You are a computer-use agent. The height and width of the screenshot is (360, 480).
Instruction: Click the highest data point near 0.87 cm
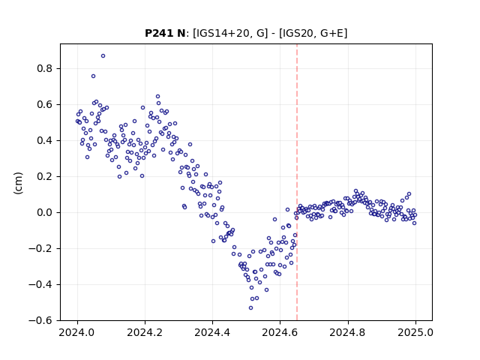tap(103, 56)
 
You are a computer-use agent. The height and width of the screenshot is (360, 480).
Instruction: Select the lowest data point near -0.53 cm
tap(250, 308)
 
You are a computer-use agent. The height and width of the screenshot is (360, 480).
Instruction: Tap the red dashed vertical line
tap(297, 182)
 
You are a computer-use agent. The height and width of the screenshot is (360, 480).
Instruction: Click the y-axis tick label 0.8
tap(45, 68)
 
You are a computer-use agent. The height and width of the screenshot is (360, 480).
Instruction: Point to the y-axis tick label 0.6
tap(45, 105)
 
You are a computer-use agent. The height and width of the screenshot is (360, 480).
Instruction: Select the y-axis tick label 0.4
tap(45, 140)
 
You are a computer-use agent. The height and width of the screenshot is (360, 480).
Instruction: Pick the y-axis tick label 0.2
tap(45, 177)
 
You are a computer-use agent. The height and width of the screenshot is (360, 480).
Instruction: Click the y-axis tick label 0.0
tap(45, 213)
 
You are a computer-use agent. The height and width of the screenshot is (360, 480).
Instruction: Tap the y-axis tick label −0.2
tap(40, 248)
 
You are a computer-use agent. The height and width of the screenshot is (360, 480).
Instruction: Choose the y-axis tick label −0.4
tap(40, 285)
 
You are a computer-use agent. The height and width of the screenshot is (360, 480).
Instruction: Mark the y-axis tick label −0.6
tap(40, 320)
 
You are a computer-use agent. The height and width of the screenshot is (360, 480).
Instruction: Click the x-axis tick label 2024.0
tap(77, 332)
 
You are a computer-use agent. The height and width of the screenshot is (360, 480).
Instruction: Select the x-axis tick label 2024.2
tap(145, 332)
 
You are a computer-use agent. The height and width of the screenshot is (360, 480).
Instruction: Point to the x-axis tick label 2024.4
tap(212, 332)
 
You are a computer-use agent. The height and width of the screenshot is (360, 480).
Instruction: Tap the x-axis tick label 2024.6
tap(280, 332)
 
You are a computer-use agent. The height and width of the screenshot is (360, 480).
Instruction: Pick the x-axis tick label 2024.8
tap(348, 332)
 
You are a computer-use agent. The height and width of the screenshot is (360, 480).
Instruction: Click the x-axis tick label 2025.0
tap(415, 332)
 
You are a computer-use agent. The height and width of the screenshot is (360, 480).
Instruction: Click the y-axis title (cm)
tap(18, 183)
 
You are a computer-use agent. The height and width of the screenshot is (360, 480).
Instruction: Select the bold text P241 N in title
tap(165, 33)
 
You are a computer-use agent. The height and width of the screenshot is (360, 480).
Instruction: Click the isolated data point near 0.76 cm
tap(93, 76)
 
